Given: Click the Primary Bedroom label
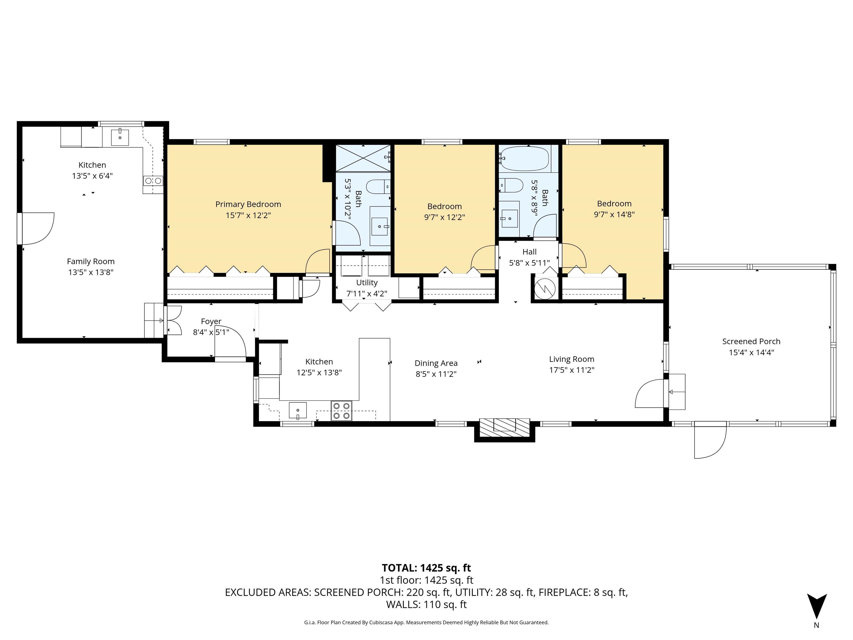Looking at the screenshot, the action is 248,204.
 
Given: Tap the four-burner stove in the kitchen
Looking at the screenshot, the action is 341,411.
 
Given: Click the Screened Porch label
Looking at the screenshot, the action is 751,341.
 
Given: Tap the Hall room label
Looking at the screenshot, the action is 530,252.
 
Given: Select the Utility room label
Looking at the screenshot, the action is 367,283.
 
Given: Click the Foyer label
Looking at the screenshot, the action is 211,321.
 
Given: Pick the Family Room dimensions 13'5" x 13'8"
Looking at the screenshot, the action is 91,272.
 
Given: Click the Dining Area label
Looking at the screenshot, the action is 436,363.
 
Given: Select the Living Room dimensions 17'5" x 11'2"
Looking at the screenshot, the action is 571,370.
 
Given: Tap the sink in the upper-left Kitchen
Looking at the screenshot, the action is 120,137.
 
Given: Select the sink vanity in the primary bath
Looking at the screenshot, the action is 380,226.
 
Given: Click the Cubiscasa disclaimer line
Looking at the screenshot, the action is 426,622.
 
